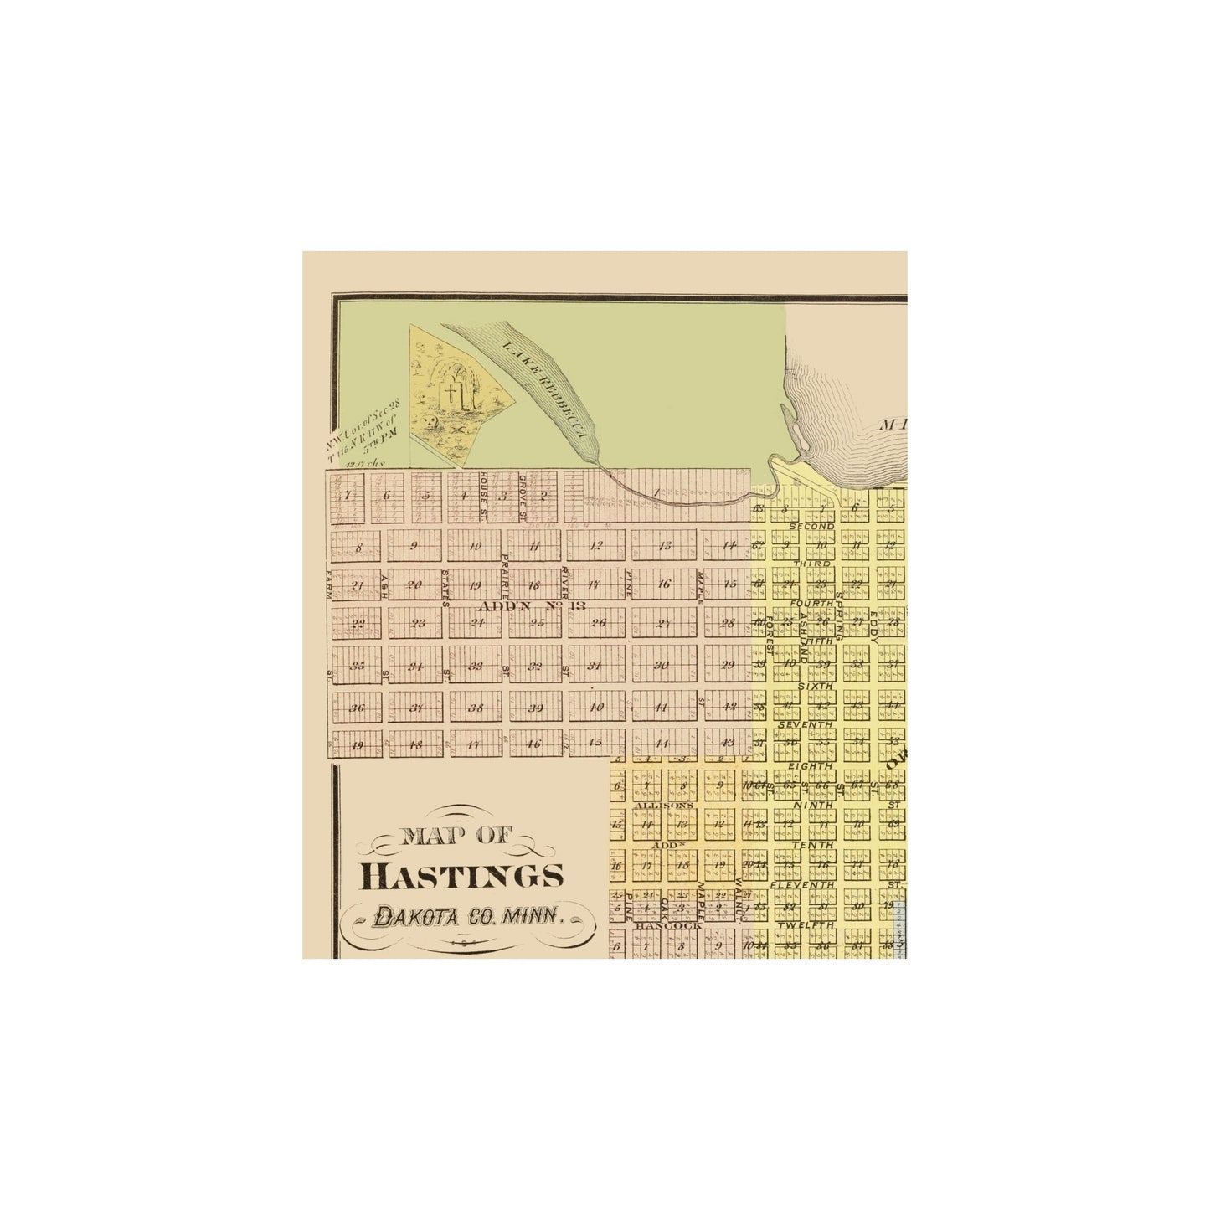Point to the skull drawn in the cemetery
(x=430, y=422)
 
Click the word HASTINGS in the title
(x=461, y=876)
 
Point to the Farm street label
(x=328, y=584)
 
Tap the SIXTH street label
(x=815, y=686)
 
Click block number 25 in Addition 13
(x=538, y=623)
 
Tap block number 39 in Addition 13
(x=537, y=708)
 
